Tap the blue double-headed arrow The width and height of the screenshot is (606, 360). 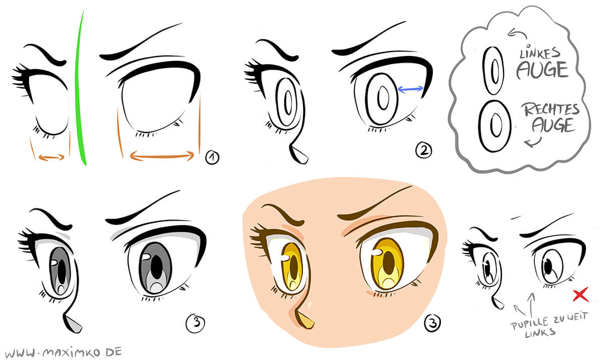pos(411,89)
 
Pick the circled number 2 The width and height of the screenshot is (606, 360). pos(423,150)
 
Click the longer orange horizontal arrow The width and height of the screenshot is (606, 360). pos(162,156)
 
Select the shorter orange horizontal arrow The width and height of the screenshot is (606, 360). pos(52,157)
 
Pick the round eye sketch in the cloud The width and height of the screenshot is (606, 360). pos(495,125)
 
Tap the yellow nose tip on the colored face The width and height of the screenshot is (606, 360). pos(304,319)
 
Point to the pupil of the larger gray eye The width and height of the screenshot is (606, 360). pos(158,263)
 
